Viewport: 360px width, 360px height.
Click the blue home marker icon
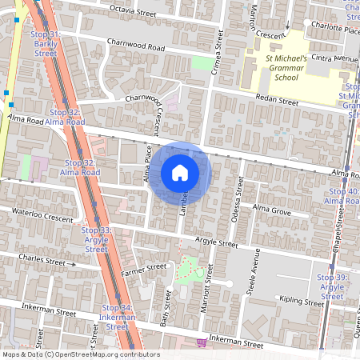(x=180, y=172)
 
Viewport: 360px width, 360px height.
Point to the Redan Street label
(x=277, y=102)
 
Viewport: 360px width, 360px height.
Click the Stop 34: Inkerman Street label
(x=117, y=317)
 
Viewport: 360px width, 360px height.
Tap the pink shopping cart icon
(x=202, y=342)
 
